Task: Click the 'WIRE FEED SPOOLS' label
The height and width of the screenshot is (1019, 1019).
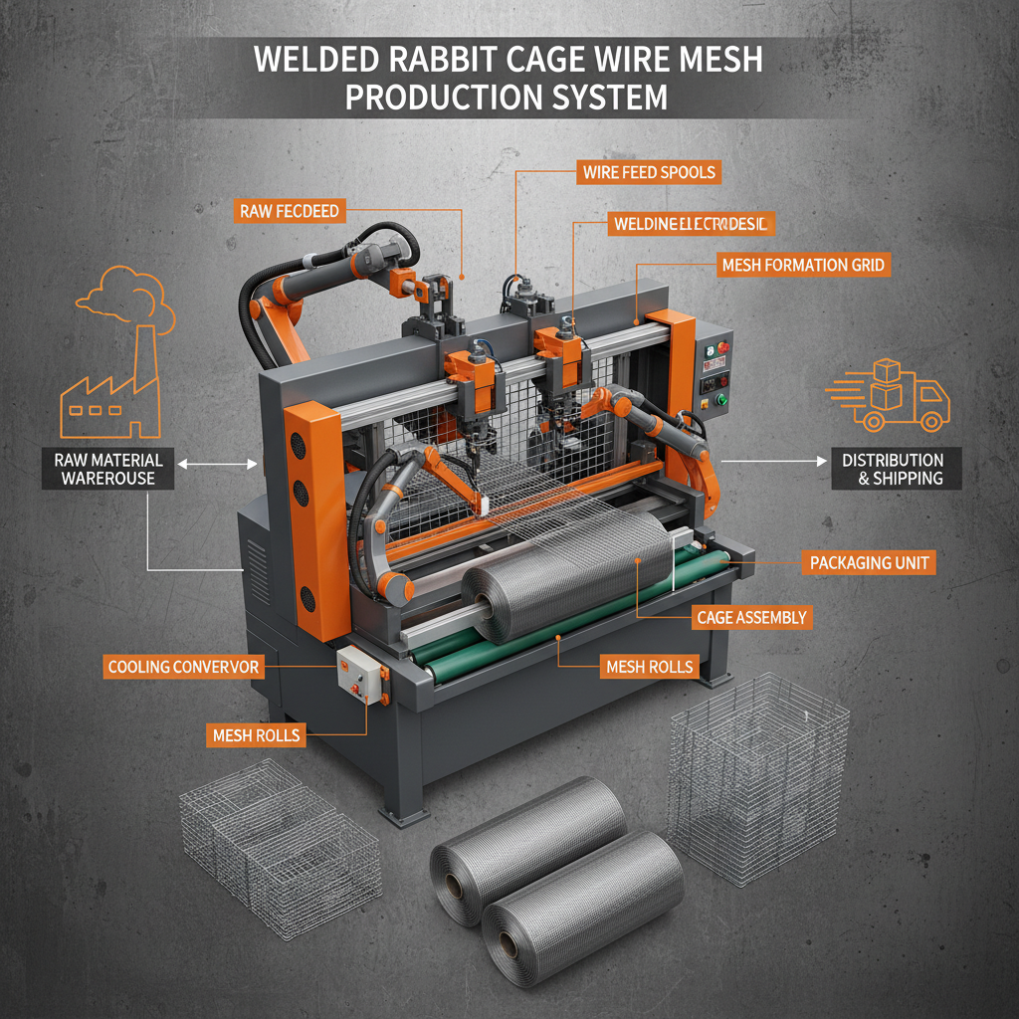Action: [x=648, y=172]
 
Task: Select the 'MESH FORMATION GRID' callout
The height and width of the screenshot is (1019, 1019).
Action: [x=803, y=265]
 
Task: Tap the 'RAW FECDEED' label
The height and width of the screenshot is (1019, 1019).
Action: [x=290, y=211]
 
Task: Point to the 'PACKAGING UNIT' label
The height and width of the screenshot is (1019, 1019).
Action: [x=870, y=563]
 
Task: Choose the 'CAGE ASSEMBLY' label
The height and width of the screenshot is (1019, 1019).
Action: [x=751, y=618]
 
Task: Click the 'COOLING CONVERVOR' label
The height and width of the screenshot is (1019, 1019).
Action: [x=184, y=666]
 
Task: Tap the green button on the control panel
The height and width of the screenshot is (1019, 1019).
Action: [x=721, y=402]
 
